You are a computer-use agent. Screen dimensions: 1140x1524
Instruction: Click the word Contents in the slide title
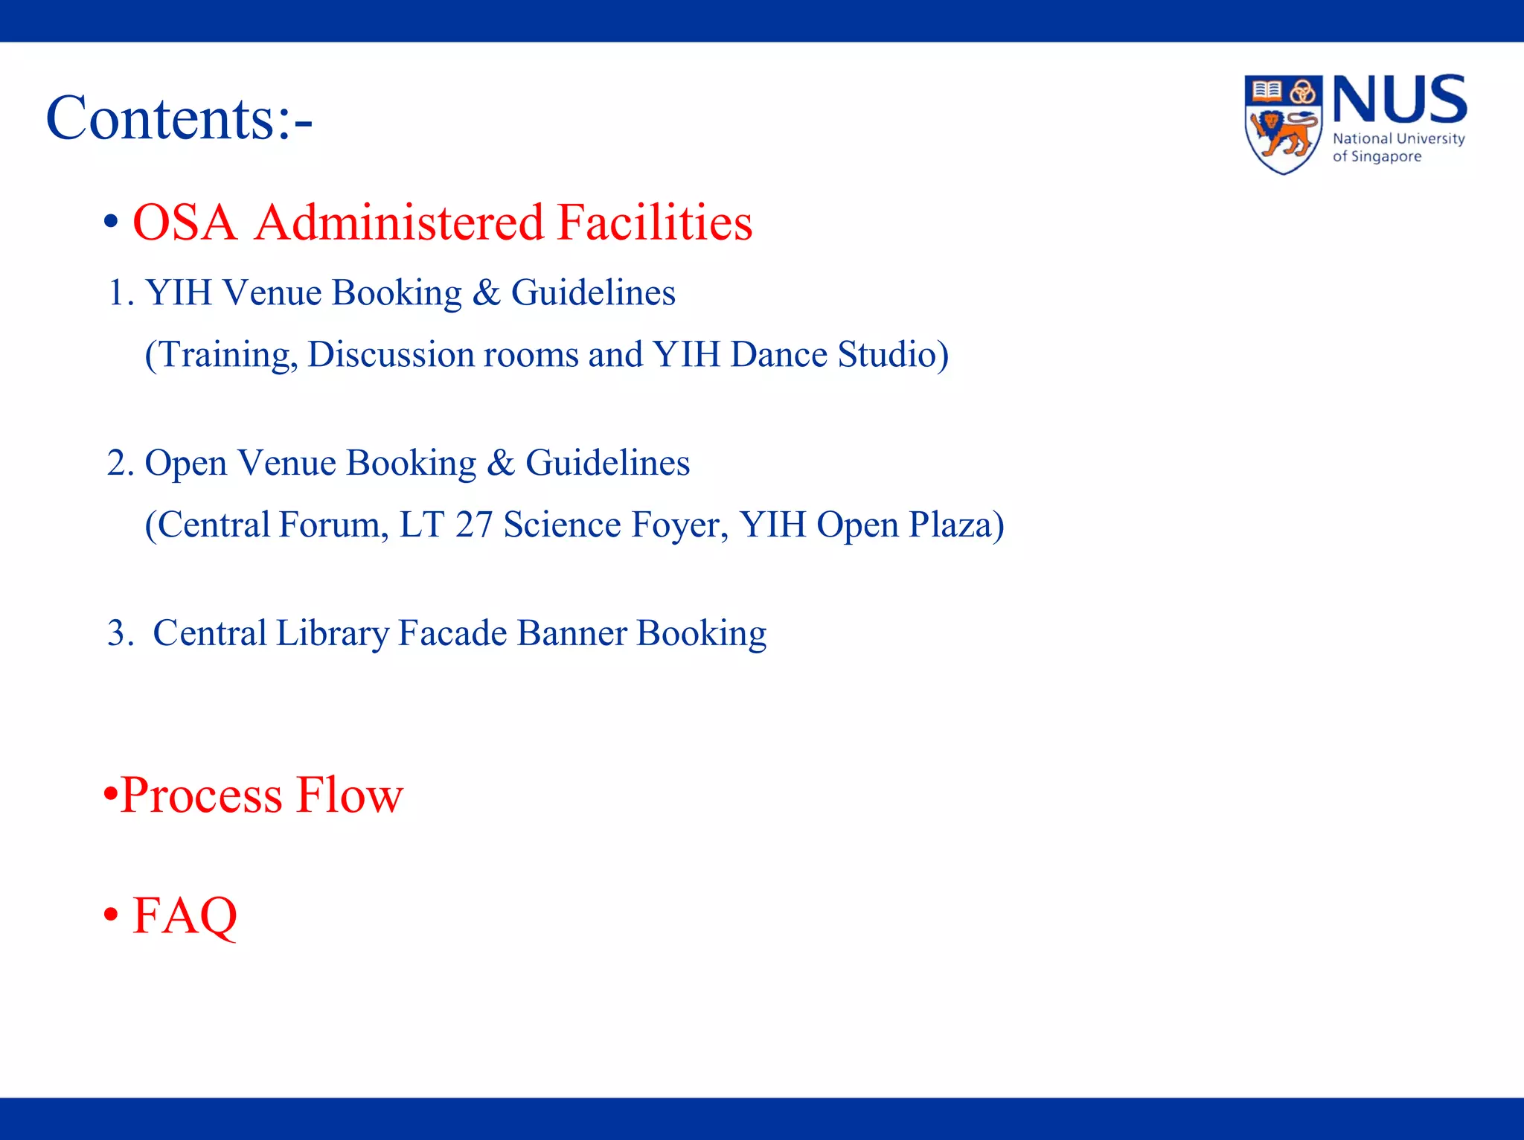(160, 119)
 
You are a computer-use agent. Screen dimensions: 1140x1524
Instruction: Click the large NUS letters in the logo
(1399, 100)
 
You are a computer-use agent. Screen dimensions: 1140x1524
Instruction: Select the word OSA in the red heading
(185, 222)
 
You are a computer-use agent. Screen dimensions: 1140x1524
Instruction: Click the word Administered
(400, 222)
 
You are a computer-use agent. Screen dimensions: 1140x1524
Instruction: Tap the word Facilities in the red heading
(654, 222)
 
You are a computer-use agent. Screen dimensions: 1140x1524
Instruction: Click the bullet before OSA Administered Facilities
(111, 222)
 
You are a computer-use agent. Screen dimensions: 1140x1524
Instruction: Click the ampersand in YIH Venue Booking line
(486, 292)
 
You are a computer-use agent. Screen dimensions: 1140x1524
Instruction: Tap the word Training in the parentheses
(224, 356)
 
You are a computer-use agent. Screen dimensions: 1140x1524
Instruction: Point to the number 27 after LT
(474, 525)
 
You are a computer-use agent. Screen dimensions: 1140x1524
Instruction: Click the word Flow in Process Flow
(349, 795)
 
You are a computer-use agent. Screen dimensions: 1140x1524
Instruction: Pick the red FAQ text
(185, 916)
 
